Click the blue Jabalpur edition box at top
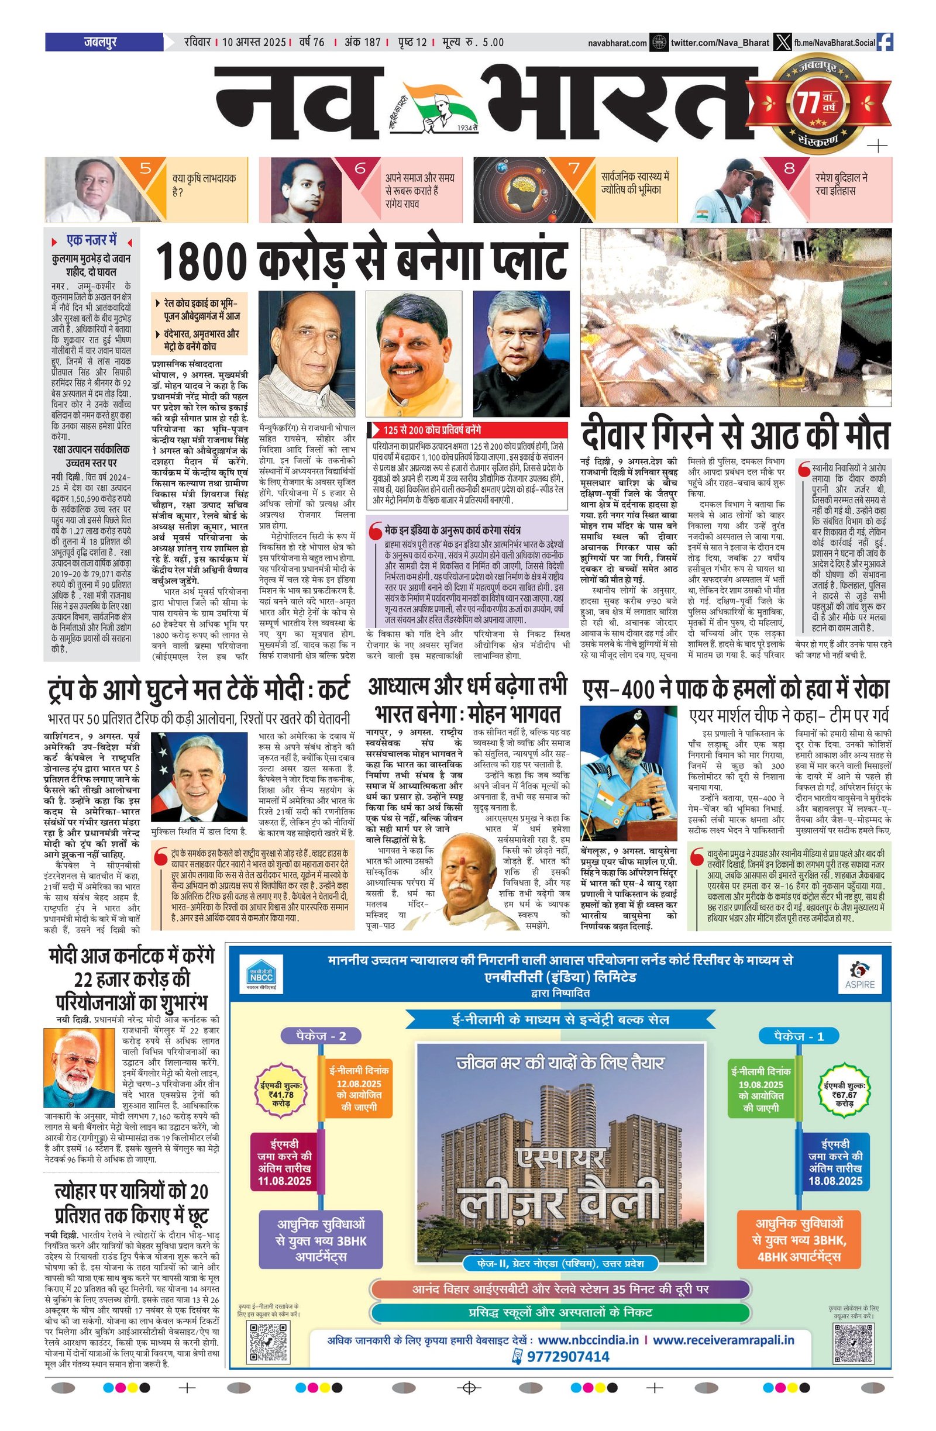pos(104,43)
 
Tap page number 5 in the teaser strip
pos(146,168)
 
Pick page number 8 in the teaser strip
pos(789,168)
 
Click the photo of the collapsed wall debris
pos(736,317)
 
